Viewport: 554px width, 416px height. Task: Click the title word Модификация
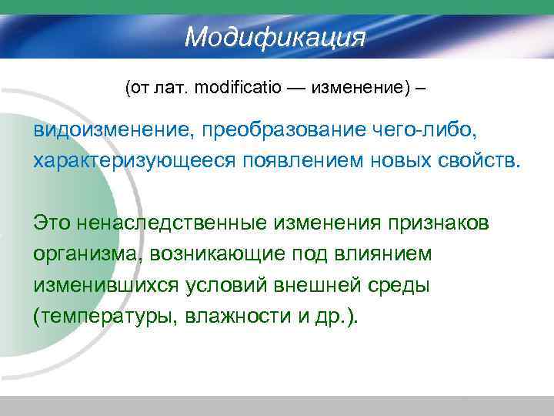click(275, 35)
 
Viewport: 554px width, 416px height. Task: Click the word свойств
click(472, 159)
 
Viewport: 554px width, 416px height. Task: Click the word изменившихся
click(106, 286)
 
